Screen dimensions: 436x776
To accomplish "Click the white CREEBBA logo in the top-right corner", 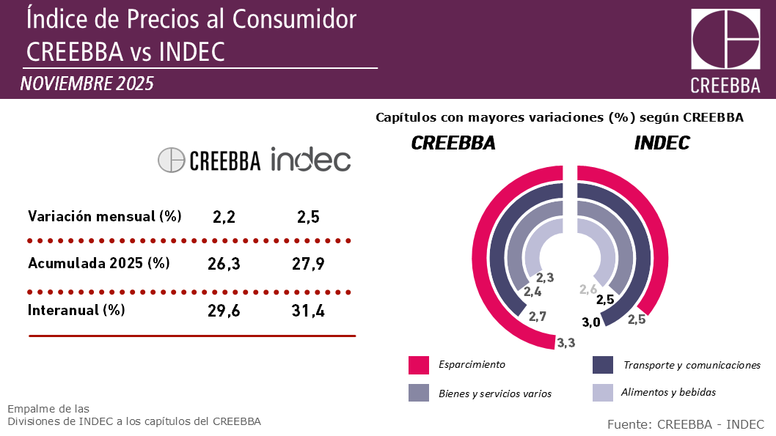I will click(x=725, y=51).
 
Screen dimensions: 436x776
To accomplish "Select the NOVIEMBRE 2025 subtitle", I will click(x=87, y=84).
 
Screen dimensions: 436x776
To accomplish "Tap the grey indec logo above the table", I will click(x=310, y=159).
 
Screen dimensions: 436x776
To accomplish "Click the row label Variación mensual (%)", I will click(x=104, y=216).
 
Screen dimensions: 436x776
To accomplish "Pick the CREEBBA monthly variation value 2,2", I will click(x=224, y=217).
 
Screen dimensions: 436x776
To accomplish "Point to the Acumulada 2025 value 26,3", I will click(x=224, y=264).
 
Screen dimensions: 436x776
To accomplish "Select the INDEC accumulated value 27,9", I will click(x=308, y=264).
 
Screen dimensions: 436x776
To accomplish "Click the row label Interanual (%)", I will click(x=76, y=310).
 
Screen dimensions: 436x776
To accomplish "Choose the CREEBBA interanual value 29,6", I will click(x=225, y=311).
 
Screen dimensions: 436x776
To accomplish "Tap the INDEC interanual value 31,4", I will click(x=308, y=311).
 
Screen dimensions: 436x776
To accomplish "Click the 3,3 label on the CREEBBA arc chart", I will click(x=565, y=342).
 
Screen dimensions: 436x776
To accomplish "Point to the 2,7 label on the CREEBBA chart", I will click(x=538, y=317).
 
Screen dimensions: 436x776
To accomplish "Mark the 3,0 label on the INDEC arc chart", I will click(x=592, y=322).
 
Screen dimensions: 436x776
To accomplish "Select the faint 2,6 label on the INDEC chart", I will click(x=588, y=289).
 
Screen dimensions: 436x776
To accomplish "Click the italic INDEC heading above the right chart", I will click(x=662, y=144).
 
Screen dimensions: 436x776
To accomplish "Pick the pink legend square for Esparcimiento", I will click(x=418, y=365).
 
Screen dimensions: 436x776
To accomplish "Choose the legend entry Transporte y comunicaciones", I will click(x=691, y=365).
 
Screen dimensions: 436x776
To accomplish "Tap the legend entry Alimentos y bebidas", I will click(x=667, y=393).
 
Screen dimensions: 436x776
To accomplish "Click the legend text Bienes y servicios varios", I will click(x=494, y=393).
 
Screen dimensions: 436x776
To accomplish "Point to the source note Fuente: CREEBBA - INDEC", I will click(x=685, y=424).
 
